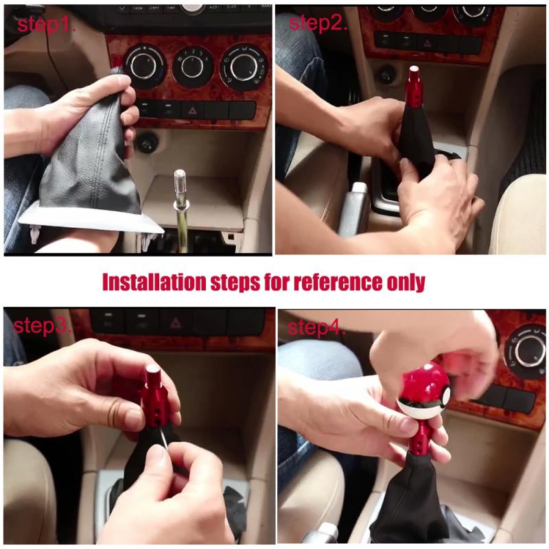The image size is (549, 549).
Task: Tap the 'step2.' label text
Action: (318, 23)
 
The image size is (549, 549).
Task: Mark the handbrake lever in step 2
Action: (356, 206)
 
